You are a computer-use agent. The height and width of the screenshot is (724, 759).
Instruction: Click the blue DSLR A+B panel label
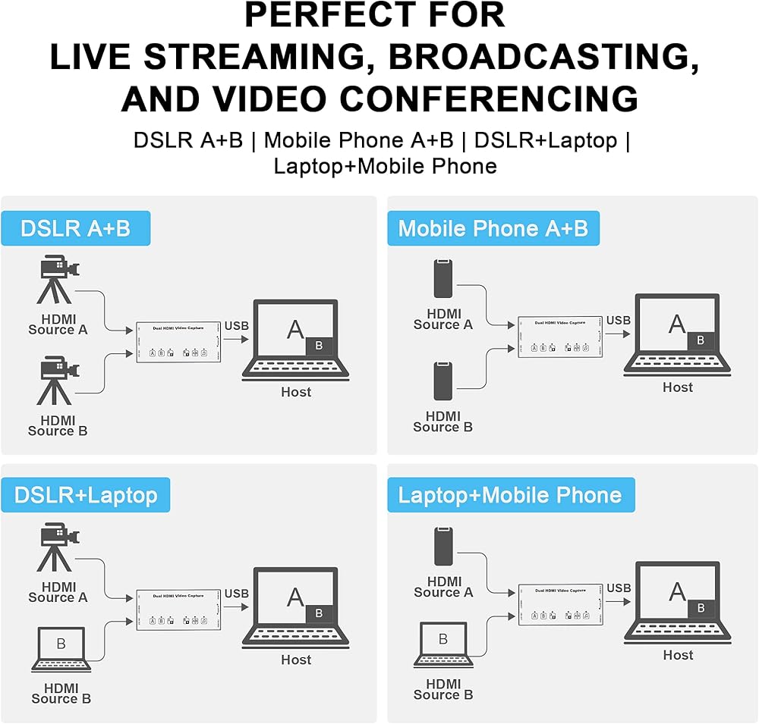point(75,228)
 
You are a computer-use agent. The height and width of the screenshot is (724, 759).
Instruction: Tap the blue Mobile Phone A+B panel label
point(493,228)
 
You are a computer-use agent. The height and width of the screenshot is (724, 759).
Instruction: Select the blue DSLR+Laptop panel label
point(85,495)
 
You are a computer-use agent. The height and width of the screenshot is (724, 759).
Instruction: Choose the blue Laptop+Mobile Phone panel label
point(510,495)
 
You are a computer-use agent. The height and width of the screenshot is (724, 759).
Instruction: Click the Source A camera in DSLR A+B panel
point(58,281)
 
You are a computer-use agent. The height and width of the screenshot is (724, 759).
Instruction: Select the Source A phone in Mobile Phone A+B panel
point(444,279)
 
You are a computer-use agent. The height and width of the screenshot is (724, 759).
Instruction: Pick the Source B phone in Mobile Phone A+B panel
point(444,381)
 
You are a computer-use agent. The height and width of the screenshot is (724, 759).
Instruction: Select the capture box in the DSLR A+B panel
point(178,342)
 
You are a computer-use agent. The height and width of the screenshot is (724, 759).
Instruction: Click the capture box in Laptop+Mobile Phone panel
point(560,604)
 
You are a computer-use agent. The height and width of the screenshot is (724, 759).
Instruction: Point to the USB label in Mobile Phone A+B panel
point(618,321)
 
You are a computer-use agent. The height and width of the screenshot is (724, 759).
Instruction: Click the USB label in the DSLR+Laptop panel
point(237,594)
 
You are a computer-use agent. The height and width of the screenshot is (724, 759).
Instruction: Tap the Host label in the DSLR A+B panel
point(296,392)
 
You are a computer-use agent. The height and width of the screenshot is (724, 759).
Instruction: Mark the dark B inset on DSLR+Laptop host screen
point(319,613)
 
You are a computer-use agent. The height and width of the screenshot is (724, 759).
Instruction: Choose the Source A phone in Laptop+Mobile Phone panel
point(444,546)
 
